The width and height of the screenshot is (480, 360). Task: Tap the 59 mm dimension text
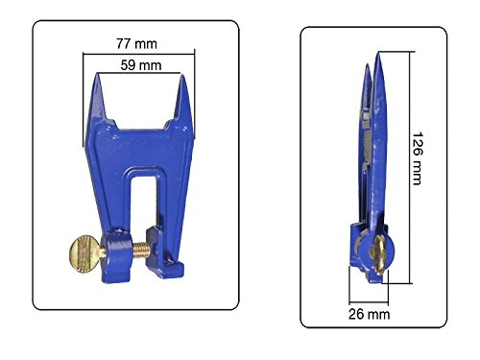[x=140, y=67]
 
